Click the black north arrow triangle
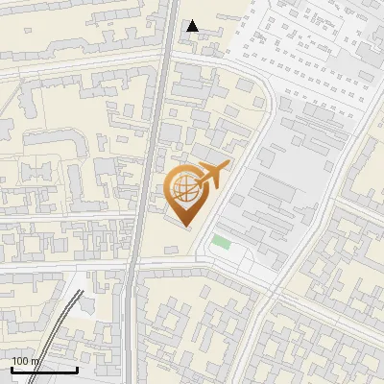(x=192, y=26)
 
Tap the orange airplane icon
(x=213, y=176)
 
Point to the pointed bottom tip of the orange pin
(x=185, y=226)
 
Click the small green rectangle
(x=222, y=242)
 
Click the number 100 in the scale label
(x=21, y=361)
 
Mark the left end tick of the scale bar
(x=12, y=369)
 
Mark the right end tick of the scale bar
(x=77, y=369)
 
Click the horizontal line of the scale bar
(x=44, y=371)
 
